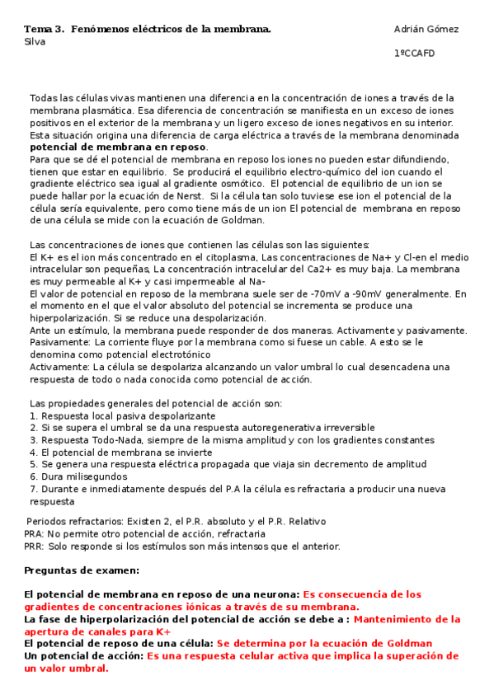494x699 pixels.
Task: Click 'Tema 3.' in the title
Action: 44,30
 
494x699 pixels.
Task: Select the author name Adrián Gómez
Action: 426,30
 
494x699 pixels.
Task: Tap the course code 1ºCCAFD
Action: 414,54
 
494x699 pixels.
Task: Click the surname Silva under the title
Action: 35,41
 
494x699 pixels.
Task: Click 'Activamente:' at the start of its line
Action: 59,367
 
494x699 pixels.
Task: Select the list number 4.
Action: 33,453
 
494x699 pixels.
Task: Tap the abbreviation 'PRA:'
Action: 35,534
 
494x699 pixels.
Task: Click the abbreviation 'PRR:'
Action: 35,547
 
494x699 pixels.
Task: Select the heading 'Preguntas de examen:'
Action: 82,570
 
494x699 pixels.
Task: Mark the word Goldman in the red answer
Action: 404,644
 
